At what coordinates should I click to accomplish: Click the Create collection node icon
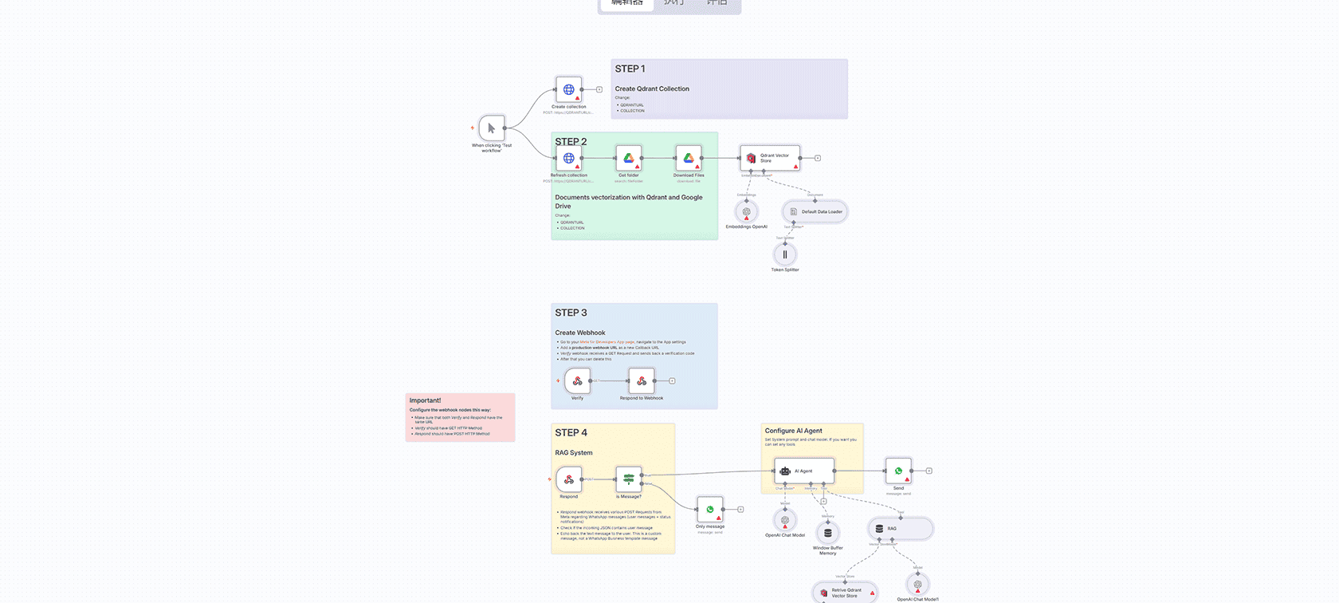point(568,89)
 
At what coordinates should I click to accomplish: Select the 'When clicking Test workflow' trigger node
point(492,128)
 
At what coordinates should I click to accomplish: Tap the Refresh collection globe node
point(568,158)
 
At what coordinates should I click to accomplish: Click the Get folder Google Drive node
point(628,158)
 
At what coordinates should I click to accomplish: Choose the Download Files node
point(689,158)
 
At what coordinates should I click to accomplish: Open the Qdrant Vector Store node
point(769,158)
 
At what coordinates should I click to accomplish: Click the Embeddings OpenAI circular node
point(746,211)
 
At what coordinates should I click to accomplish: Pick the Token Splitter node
point(784,254)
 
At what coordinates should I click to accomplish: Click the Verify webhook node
point(577,380)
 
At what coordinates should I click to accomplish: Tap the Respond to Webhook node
point(641,380)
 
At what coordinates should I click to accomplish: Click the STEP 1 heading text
point(630,69)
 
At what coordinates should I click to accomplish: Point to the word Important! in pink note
point(425,400)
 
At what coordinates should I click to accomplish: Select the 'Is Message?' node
point(628,479)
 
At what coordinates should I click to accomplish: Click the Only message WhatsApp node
point(709,509)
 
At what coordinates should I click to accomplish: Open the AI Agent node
point(803,471)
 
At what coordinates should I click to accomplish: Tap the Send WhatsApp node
point(898,471)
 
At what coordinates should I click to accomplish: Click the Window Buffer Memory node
point(827,532)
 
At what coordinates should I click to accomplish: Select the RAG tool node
point(899,528)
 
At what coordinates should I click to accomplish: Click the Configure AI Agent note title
point(793,431)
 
